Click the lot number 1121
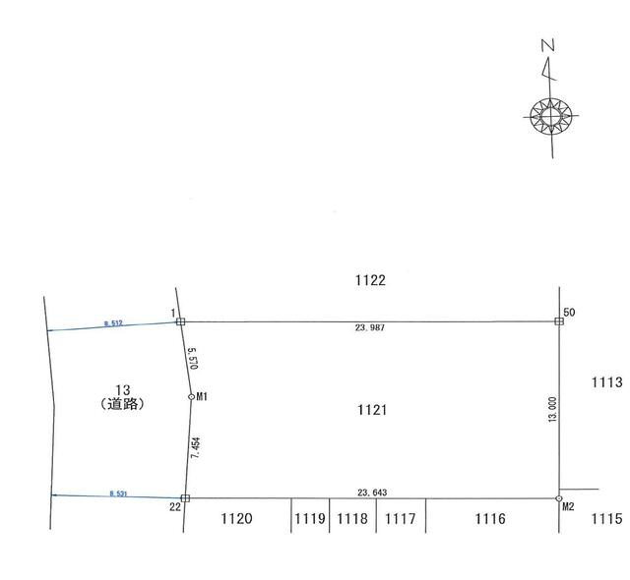pyautogui.click(x=372, y=410)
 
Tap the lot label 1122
pyautogui.click(x=370, y=280)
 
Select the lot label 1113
pyautogui.click(x=606, y=382)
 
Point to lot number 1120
pyautogui.click(x=236, y=519)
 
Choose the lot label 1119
pyautogui.click(x=310, y=519)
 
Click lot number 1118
pyautogui.click(x=352, y=519)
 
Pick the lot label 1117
pyautogui.click(x=401, y=519)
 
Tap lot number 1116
pyautogui.click(x=490, y=519)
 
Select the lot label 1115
pyautogui.click(x=606, y=519)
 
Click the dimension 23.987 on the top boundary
pyautogui.click(x=370, y=327)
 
